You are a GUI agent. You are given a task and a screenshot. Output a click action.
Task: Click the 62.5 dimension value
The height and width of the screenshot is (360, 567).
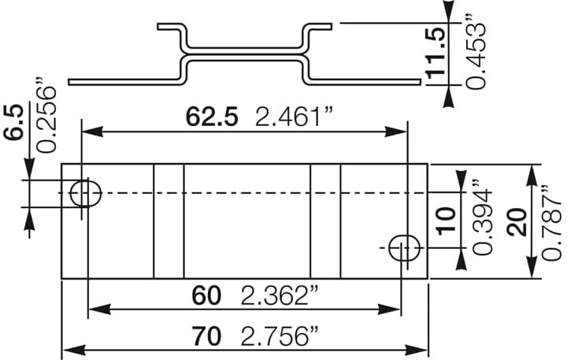point(211,117)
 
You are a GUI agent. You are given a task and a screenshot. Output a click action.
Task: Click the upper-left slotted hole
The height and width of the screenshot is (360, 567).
point(85,192)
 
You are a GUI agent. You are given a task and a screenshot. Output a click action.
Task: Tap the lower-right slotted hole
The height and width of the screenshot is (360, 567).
point(405,247)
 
